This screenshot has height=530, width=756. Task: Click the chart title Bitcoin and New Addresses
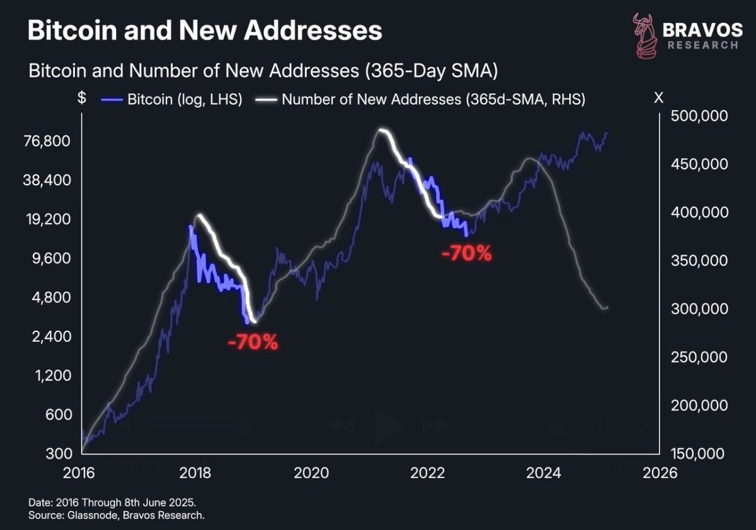(x=205, y=30)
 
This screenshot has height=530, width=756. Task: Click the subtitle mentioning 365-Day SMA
(x=263, y=71)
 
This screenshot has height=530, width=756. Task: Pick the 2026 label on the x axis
(x=659, y=473)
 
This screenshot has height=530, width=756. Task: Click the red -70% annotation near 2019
(x=252, y=343)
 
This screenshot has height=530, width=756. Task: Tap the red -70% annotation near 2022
(x=466, y=254)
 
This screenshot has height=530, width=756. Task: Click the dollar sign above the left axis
(x=82, y=98)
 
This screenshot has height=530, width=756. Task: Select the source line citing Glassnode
(x=117, y=516)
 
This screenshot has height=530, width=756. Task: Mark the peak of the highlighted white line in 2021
(x=381, y=130)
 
